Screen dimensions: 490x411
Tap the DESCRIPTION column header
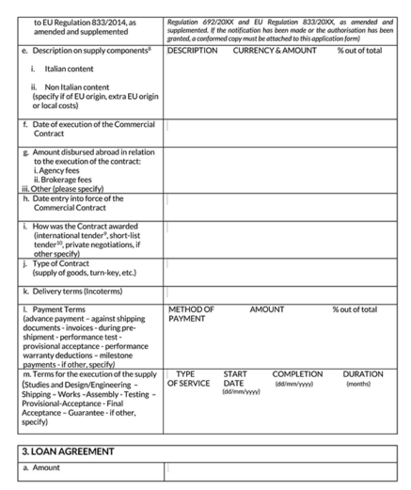[x=192, y=50]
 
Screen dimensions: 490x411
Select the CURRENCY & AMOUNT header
[x=275, y=50]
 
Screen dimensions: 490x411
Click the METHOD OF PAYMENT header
[x=191, y=314]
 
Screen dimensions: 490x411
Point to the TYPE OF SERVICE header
[x=185, y=378]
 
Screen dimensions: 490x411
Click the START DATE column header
[x=235, y=378]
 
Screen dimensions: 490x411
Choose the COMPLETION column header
[x=297, y=373]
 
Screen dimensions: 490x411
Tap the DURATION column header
[x=363, y=373]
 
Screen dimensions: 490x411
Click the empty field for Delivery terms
[x=288, y=292]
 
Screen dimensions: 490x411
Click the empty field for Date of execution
[x=288, y=129]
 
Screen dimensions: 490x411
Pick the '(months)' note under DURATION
[x=358, y=384]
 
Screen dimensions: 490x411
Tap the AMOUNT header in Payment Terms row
[x=266, y=309]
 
